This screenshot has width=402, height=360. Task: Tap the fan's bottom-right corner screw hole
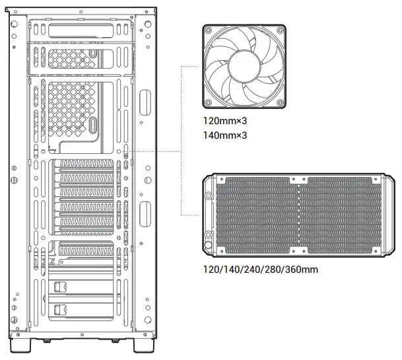pyautogui.click(x=282, y=104)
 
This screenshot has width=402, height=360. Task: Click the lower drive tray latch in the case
pyautogui.click(x=60, y=308)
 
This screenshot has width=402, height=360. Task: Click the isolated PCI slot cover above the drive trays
pyautogui.click(x=86, y=248)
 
